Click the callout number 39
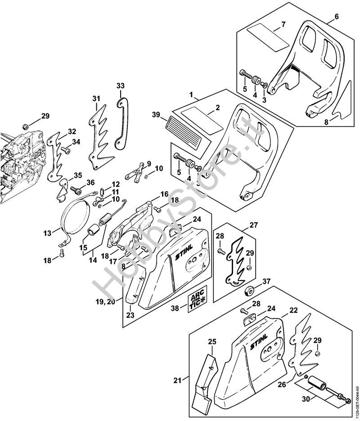click(155, 115)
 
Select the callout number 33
click(120, 85)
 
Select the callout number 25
click(211, 342)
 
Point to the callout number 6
click(336, 18)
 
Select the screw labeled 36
click(73, 191)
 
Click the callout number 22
click(293, 310)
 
